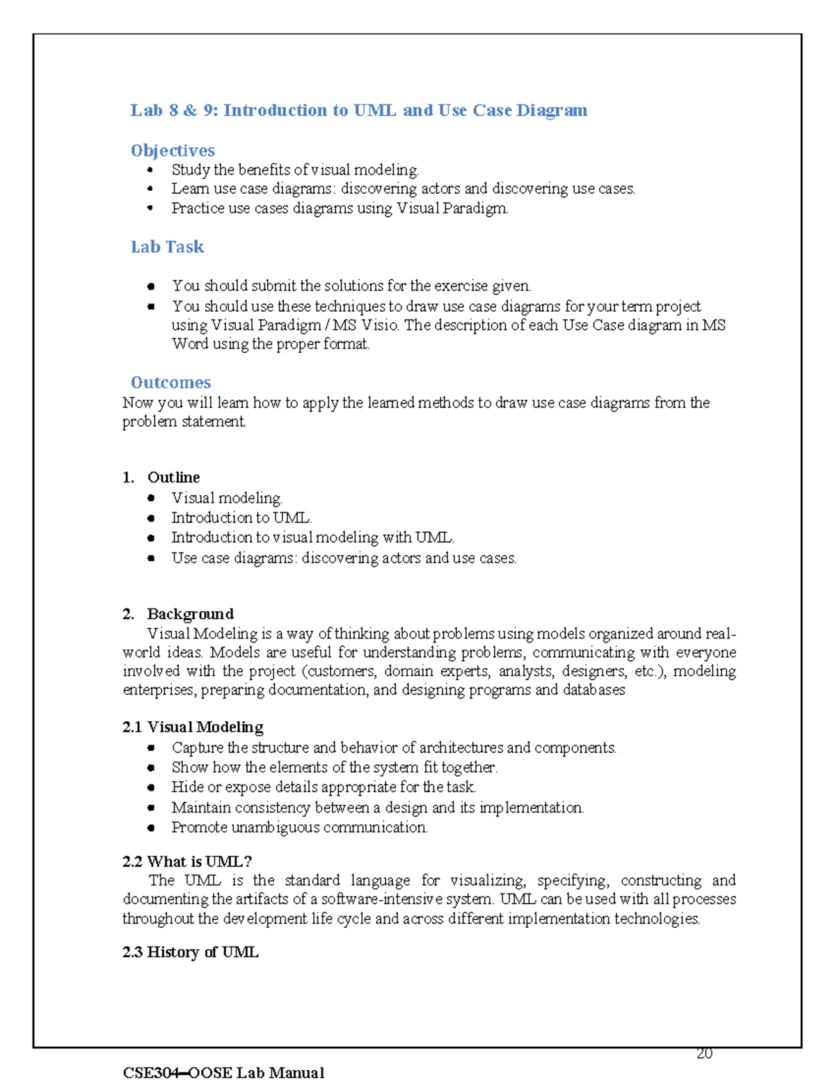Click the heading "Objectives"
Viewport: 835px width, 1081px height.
(173, 150)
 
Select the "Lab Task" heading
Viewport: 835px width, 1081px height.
(167, 247)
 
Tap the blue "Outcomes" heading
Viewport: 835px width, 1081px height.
(170, 382)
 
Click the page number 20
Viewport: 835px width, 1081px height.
(704, 1053)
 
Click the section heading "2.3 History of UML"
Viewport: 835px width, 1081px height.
(190, 952)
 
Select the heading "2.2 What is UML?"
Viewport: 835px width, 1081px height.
(186, 861)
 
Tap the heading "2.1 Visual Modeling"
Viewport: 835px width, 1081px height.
(193, 727)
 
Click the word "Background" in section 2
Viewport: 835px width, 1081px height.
(190, 614)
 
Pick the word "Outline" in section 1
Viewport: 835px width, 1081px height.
(173, 478)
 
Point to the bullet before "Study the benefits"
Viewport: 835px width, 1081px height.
(150, 170)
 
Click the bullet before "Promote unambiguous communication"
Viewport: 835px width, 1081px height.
(151, 828)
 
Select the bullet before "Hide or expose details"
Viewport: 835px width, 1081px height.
(151, 787)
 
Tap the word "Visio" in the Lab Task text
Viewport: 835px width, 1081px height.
(379, 325)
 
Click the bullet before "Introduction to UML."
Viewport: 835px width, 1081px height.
(151, 518)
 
